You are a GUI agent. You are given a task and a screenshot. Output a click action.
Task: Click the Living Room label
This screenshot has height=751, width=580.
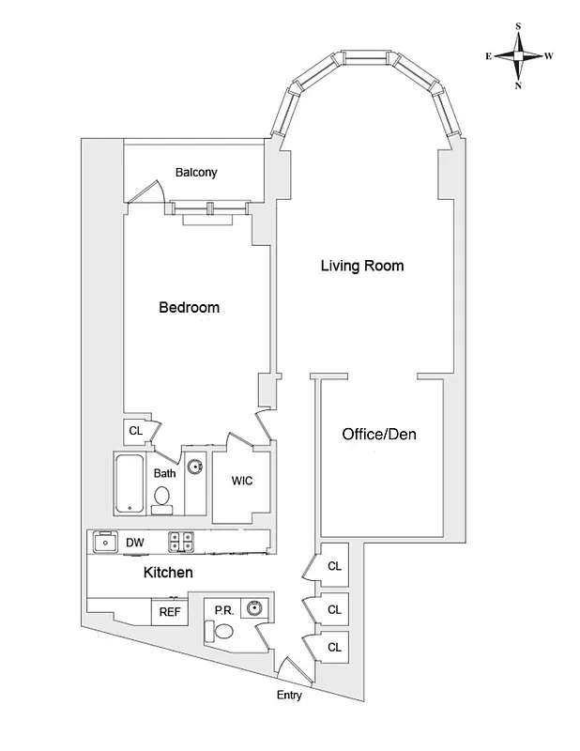pos(362,266)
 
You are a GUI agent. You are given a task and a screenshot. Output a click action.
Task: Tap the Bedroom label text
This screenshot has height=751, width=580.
pos(189,307)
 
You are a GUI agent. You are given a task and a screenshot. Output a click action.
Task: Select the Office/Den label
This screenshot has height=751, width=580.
pos(379,435)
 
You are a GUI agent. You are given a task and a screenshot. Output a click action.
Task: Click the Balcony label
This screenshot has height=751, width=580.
pos(196,172)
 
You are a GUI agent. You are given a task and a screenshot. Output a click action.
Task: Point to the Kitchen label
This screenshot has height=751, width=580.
pos(168,572)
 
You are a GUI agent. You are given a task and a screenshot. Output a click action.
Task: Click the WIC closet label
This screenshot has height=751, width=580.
pos(241,481)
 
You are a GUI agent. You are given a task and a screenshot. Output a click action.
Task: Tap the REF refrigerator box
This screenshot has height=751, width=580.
pos(169,612)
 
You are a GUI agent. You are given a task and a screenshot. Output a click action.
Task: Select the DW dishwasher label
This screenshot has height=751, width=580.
pos(134,543)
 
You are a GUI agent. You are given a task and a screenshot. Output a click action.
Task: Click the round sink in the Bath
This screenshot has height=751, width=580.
pos(195,467)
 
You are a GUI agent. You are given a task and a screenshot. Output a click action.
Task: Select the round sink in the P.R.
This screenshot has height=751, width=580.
pos(253,608)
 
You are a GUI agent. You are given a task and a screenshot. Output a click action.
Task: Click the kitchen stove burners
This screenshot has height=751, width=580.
pos(180,542)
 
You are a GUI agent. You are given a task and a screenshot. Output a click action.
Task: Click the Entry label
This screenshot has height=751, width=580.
pos(289,696)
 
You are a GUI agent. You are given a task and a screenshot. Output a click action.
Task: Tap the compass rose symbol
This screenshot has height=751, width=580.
pos(519,56)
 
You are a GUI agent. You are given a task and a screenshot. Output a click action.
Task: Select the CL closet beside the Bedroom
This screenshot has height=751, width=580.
pos(135,431)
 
